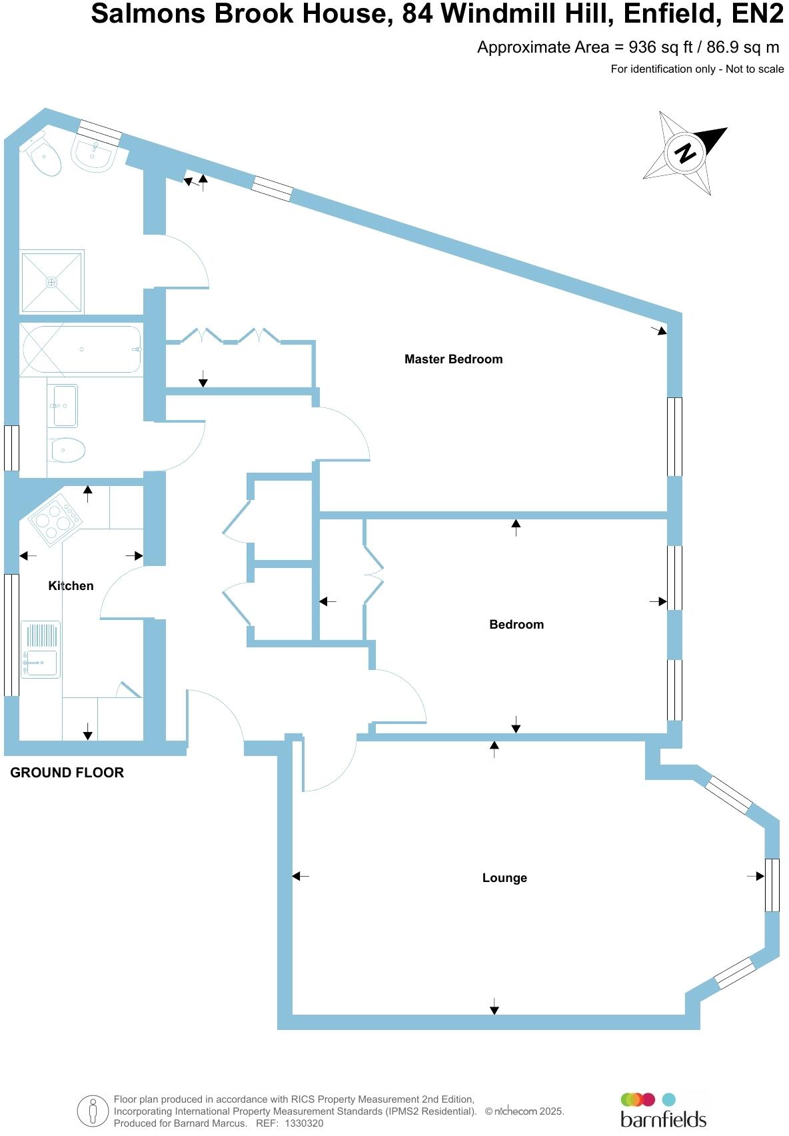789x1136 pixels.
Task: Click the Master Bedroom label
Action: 453,359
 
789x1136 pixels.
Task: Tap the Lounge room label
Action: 504,878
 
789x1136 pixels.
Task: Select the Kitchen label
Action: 71,586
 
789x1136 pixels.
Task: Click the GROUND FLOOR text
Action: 67,773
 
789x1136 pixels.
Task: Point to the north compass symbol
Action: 685,153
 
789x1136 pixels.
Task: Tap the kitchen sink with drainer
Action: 40,649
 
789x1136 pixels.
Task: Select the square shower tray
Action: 52,281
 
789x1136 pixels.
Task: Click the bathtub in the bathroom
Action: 80,349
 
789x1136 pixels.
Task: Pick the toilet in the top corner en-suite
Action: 43,155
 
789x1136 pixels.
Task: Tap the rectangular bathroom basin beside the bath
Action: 65,405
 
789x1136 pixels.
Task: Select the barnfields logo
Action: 662,1112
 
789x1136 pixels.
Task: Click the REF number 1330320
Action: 303,1123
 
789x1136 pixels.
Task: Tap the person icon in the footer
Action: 93,1111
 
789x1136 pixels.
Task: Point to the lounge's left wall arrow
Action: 301,876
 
